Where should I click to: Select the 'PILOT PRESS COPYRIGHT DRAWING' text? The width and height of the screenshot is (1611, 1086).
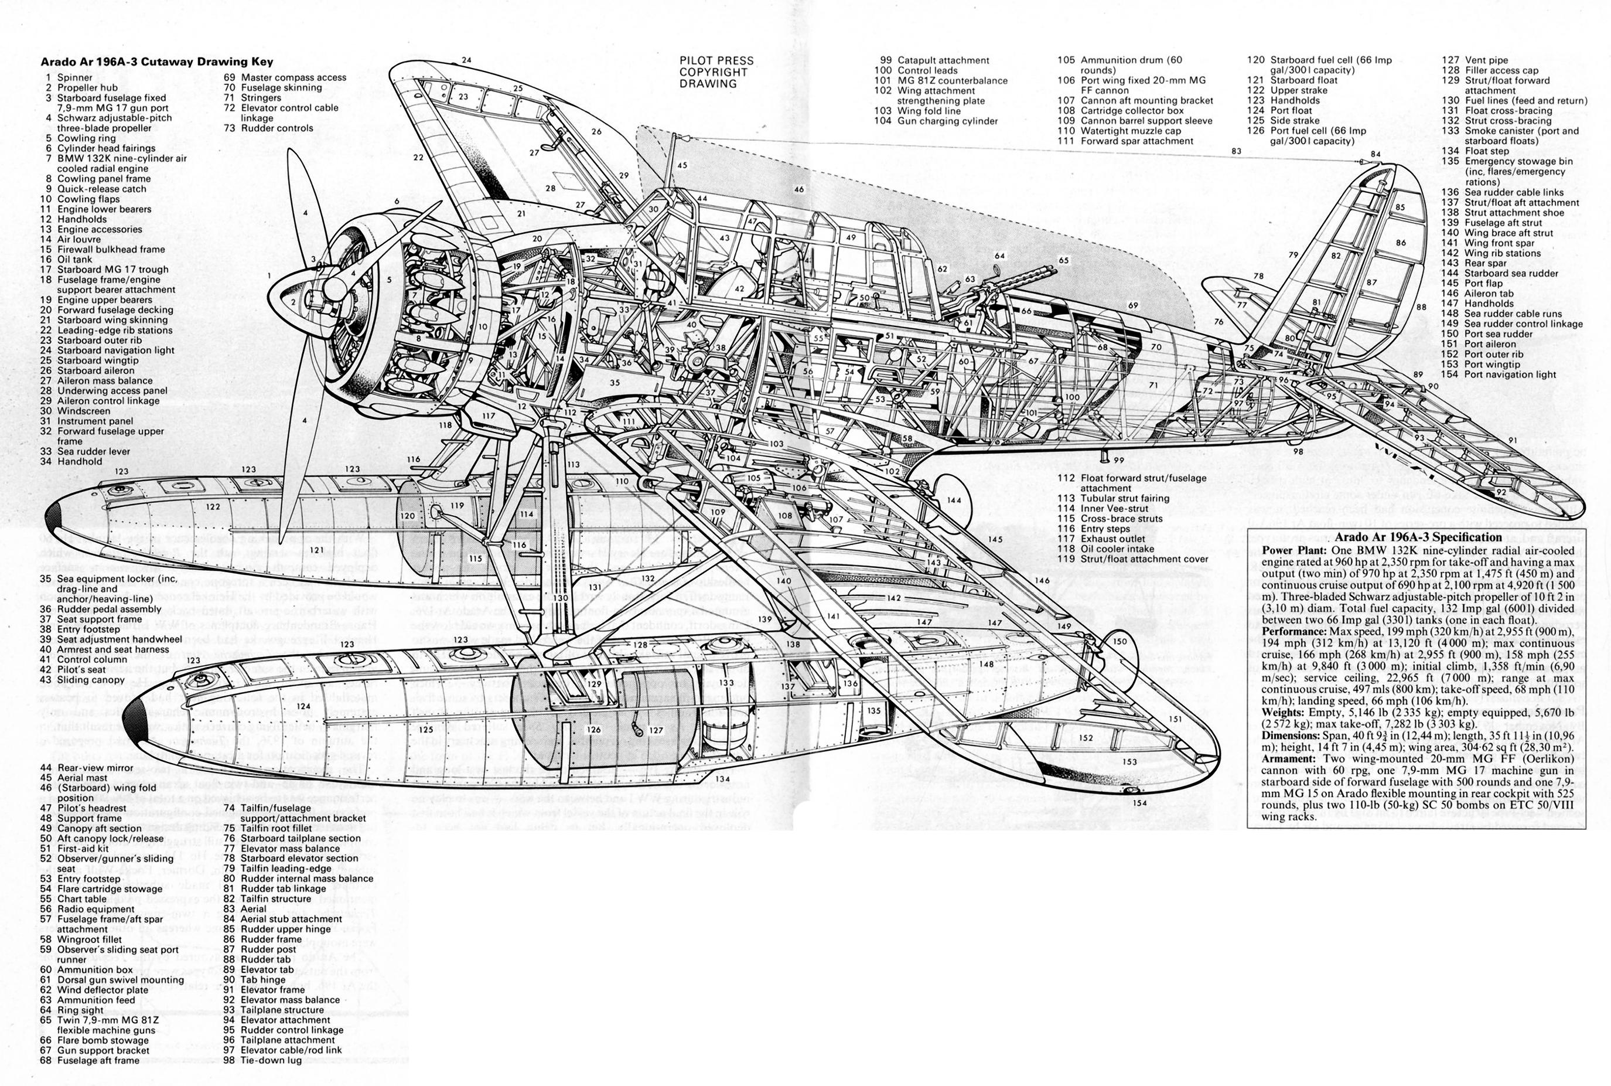coord(716,72)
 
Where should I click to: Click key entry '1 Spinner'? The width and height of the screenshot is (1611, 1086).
coord(69,77)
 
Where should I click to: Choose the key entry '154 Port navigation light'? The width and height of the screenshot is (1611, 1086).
coord(1509,375)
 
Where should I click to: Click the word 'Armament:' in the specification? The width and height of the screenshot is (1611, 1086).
coord(1285,759)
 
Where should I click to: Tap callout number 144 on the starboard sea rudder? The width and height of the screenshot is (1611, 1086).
coord(955,500)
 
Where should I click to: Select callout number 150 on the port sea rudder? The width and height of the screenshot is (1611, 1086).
coord(1119,641)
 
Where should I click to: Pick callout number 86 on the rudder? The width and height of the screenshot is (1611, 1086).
coord(1401,243)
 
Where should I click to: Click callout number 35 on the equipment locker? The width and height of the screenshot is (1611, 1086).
coord(615,382)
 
